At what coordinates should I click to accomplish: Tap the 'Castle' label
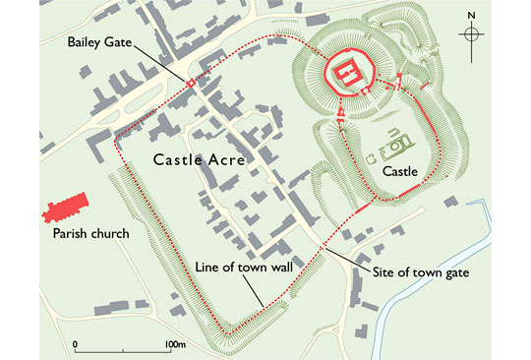(400, 171)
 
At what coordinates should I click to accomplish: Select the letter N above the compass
(473, 15)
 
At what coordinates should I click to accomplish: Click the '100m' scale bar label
(176, 344)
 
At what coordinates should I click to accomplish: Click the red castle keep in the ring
(346, 74)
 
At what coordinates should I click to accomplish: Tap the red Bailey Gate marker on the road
(191, 83)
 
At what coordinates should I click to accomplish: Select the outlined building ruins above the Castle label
(394, 145)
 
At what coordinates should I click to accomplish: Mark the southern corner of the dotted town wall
(227, 333)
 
